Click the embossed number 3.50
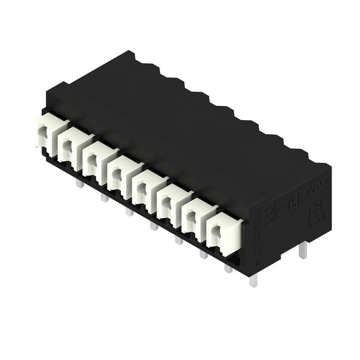[317, 221]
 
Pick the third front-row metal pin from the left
[129, 211]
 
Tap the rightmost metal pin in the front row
[253, 282]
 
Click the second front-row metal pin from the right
[228, 268]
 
